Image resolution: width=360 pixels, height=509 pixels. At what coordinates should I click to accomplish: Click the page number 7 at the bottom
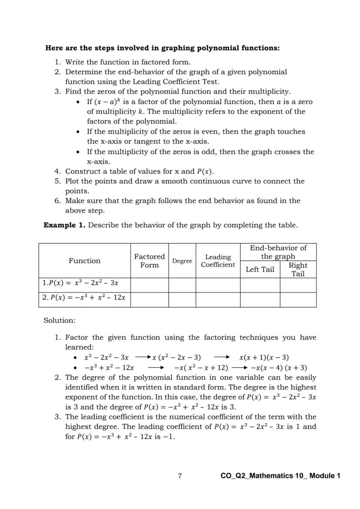[x=180, y=476]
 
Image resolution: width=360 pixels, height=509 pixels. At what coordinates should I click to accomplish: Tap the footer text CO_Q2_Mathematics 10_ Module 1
[x=280, y=476]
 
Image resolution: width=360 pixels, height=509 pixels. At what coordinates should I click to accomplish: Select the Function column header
[x=84, y=261]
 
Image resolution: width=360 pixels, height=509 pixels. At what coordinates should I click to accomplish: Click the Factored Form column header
[x=149, y=261]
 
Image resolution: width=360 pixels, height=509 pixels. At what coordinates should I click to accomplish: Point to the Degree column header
[x=182, y=261]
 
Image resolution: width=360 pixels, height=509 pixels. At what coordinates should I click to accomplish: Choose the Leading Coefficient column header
[x=218, y=261]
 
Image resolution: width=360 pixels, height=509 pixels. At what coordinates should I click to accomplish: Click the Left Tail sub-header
[x=260, y=269]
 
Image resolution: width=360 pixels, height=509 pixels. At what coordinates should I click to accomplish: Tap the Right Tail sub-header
[x=298, y=269]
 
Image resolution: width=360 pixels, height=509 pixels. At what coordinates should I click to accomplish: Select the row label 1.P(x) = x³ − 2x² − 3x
[x=81, y=283]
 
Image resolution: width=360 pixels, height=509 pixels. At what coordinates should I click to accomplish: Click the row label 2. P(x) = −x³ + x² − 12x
[x=84, y=298]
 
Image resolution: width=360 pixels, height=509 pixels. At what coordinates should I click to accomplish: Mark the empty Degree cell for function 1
[x=182, y=285]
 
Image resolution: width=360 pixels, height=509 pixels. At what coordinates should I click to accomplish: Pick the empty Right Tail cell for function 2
[x=298, y=299]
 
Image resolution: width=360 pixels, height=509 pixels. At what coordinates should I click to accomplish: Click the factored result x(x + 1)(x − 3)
[x=264, y=358]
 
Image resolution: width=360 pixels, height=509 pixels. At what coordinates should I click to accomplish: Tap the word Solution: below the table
[x=59, y=320]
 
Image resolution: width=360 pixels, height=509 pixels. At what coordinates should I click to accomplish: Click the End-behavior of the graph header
[x=278, y=252]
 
